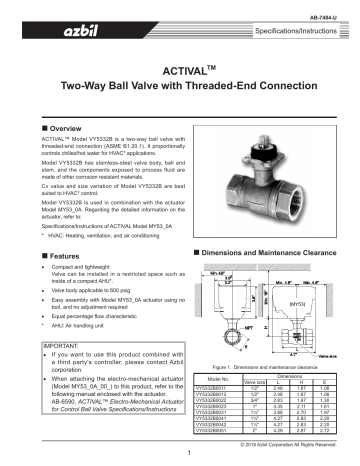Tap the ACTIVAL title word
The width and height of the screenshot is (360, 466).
click(176, 75)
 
